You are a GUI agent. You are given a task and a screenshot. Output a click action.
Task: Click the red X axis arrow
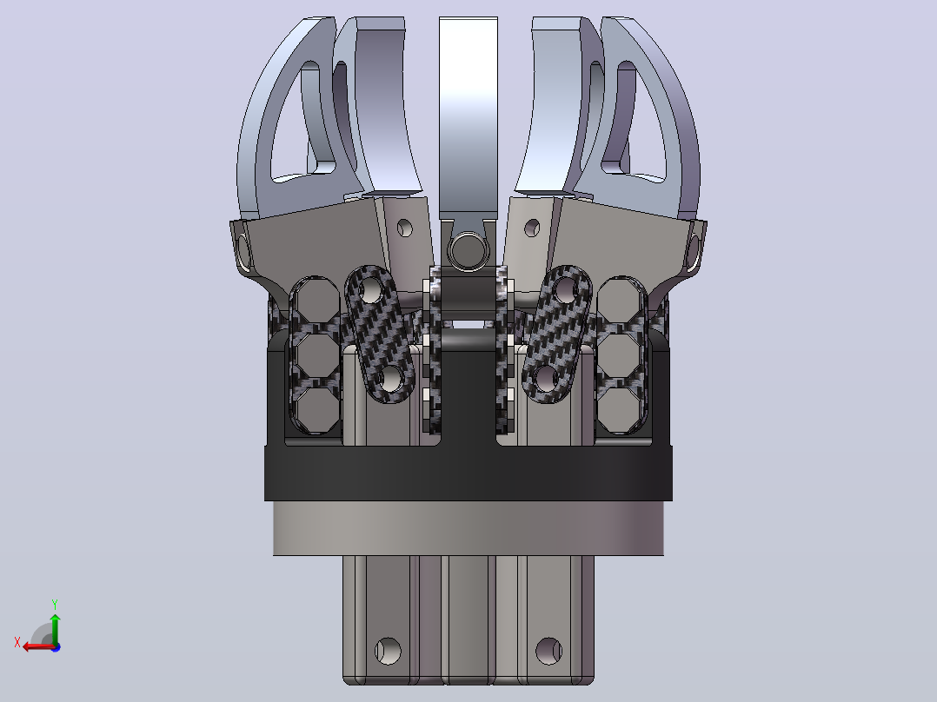pos(37,646)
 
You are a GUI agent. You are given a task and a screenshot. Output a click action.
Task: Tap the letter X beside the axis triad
pos(17,642)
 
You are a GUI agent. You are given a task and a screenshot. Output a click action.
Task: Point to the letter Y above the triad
pos(55,604)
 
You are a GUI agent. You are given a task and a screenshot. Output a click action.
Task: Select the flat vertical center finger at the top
pos(468,117)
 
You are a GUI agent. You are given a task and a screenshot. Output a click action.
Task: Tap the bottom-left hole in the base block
pos(388,651)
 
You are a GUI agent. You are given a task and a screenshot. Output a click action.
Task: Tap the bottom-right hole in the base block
pos(548,651)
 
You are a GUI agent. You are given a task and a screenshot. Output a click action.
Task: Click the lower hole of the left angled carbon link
pos(389,378)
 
